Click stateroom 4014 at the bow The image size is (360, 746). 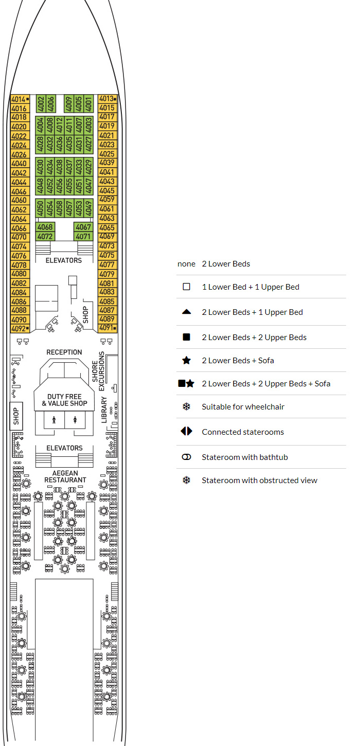(x=19, y=99)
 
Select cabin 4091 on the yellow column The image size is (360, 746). (x=107, y=328)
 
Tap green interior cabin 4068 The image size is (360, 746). (x=45, y=227)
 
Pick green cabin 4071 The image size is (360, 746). (x=83, y=237)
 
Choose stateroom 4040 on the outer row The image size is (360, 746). (x=19, y=164)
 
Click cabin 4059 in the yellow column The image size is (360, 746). (x=107, y=200)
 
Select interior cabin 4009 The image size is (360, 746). (x=69, y=104)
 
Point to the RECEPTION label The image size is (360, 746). (x=64, y=352)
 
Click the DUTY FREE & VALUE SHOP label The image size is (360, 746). (x=65, y=400)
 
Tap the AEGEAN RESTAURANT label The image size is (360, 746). (x=65, y=476)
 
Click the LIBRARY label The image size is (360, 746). (x=104, y=410)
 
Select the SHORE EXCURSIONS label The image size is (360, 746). (x=98, y=367)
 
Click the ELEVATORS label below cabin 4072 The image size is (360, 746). (x=64, y=260)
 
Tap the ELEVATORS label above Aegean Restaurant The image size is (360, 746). (x=65, y=448)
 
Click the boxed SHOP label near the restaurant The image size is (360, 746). (x=16, y=416)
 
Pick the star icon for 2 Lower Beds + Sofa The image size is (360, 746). (x=186, y=361)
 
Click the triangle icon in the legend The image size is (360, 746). (x=186, y=312)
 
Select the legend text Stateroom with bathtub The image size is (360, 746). (x=244, y=457)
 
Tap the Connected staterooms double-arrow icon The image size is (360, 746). (x=186, y=432)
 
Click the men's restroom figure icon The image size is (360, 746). (x=54, y=419)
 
